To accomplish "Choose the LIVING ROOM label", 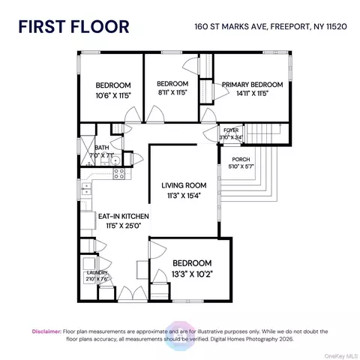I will (184, 184).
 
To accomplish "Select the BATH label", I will (100, 148).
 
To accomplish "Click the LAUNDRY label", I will (97, 273).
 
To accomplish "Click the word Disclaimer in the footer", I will (46, 331).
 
